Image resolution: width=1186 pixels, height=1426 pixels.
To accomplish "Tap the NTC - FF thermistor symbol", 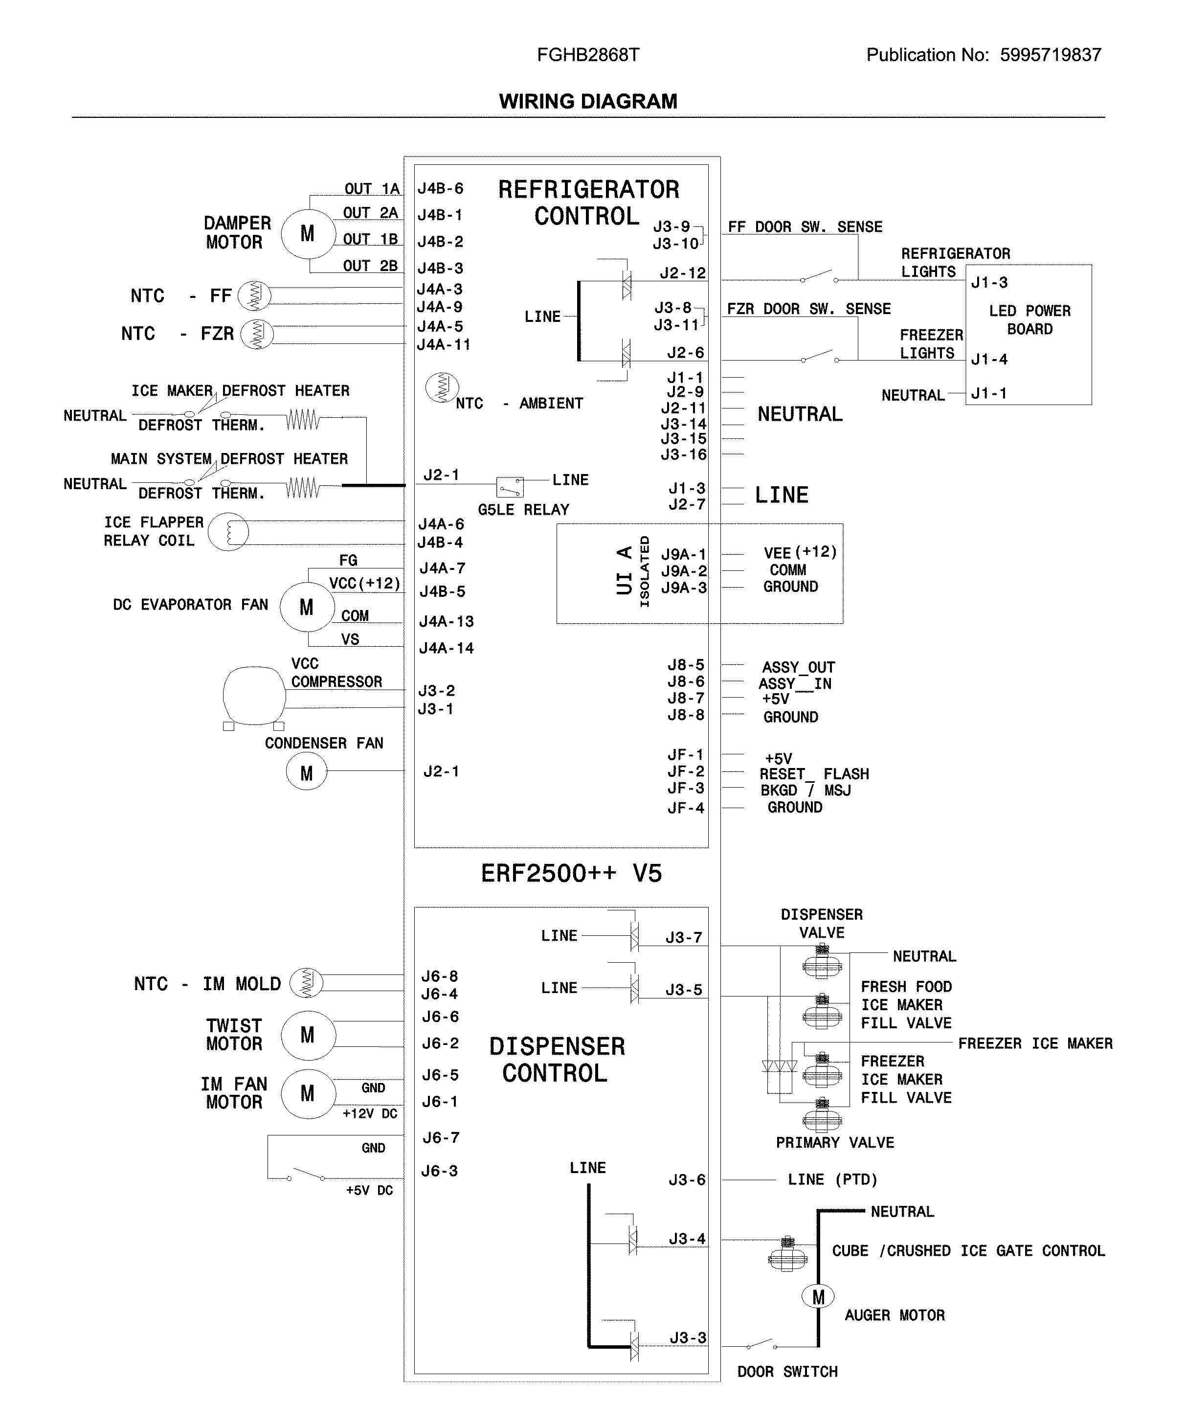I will pos(255,295).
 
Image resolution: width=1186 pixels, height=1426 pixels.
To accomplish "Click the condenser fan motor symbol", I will pos(306,773).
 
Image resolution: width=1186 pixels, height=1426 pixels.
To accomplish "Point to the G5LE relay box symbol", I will pos(510,487).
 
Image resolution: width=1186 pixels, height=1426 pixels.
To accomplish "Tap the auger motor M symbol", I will pos(818,1297).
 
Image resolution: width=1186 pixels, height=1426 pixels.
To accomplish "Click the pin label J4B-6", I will pos(440,189).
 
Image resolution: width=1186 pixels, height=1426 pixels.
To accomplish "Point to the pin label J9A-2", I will pos(684,571).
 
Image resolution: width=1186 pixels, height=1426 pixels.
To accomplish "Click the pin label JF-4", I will pos(686,808).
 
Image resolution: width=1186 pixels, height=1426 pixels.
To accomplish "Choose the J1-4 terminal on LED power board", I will pos(988,360).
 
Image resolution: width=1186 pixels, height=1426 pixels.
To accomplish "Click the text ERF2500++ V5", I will pos(571,873).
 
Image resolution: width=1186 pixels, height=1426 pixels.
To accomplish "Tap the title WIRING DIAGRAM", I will pos(588,101).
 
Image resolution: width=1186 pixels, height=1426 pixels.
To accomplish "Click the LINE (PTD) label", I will pos(832,1179).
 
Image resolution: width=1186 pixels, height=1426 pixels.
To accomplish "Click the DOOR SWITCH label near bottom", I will pos(787,1372).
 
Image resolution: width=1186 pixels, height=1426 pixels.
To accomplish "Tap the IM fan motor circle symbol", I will pos(308,1093).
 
